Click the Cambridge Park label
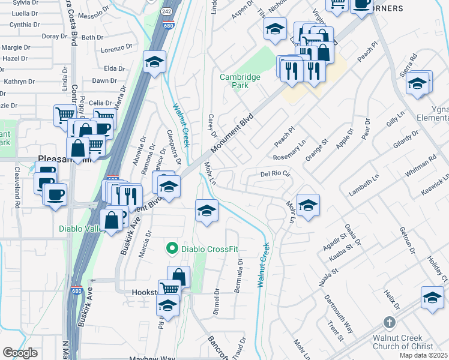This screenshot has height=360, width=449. click(x=240, y=81)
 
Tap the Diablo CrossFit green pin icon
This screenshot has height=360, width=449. click(x=172, y=247)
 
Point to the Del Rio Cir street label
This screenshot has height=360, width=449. click(x=276, y=174)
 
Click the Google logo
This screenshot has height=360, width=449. click(x=20, y=353)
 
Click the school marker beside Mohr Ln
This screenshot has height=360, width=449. click(x=308, y=205)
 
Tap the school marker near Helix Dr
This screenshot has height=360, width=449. click(x=432, y=297)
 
